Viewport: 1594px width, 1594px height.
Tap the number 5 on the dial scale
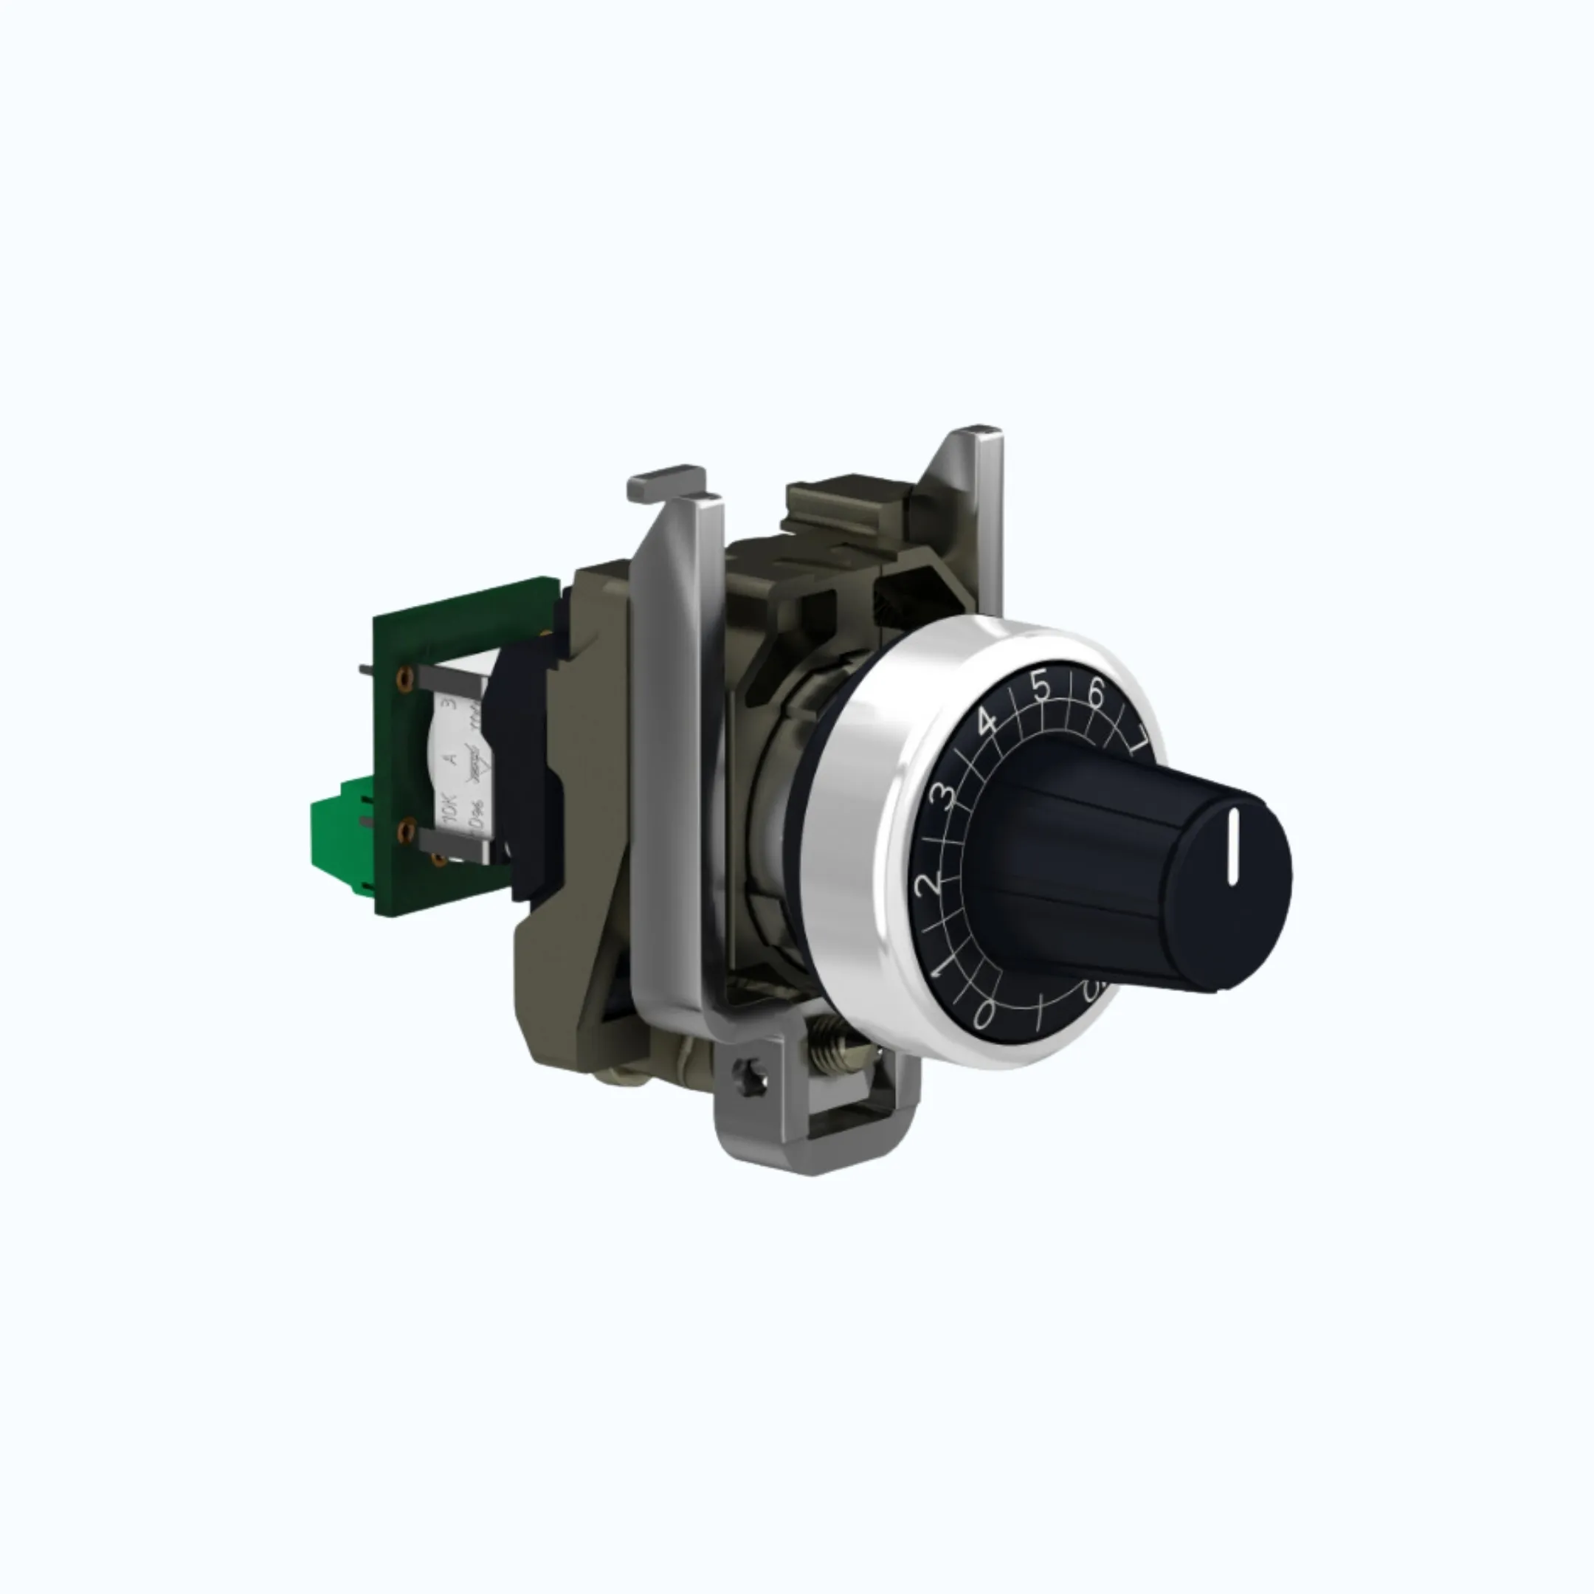tap(1042, 686)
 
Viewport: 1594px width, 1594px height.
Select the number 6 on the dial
tap(1096, 694)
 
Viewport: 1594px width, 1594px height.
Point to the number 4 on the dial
tap(987, 723)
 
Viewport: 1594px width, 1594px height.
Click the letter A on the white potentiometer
tap(449, 756)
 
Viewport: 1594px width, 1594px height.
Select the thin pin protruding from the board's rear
tap(368, 664)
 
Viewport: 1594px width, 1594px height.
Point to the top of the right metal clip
tap(981, 434)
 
